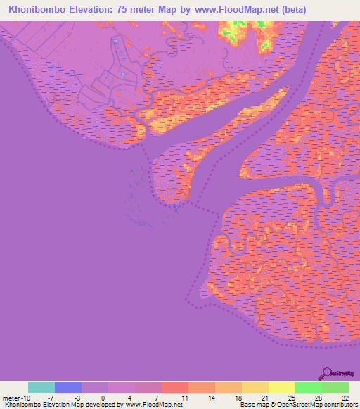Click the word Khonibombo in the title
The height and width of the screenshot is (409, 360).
[36, 10]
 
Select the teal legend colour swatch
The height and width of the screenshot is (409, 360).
[41, 387]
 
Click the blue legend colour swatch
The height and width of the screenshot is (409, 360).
[68, 387]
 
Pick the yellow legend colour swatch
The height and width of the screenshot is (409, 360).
[281, 387]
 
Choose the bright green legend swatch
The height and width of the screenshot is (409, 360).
[308, 387]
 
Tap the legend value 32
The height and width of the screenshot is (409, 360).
[345, 398]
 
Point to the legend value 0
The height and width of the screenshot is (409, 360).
[103, 398]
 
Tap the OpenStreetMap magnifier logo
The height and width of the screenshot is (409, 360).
[327, 372]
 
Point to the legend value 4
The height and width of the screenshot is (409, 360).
[131, 398]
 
